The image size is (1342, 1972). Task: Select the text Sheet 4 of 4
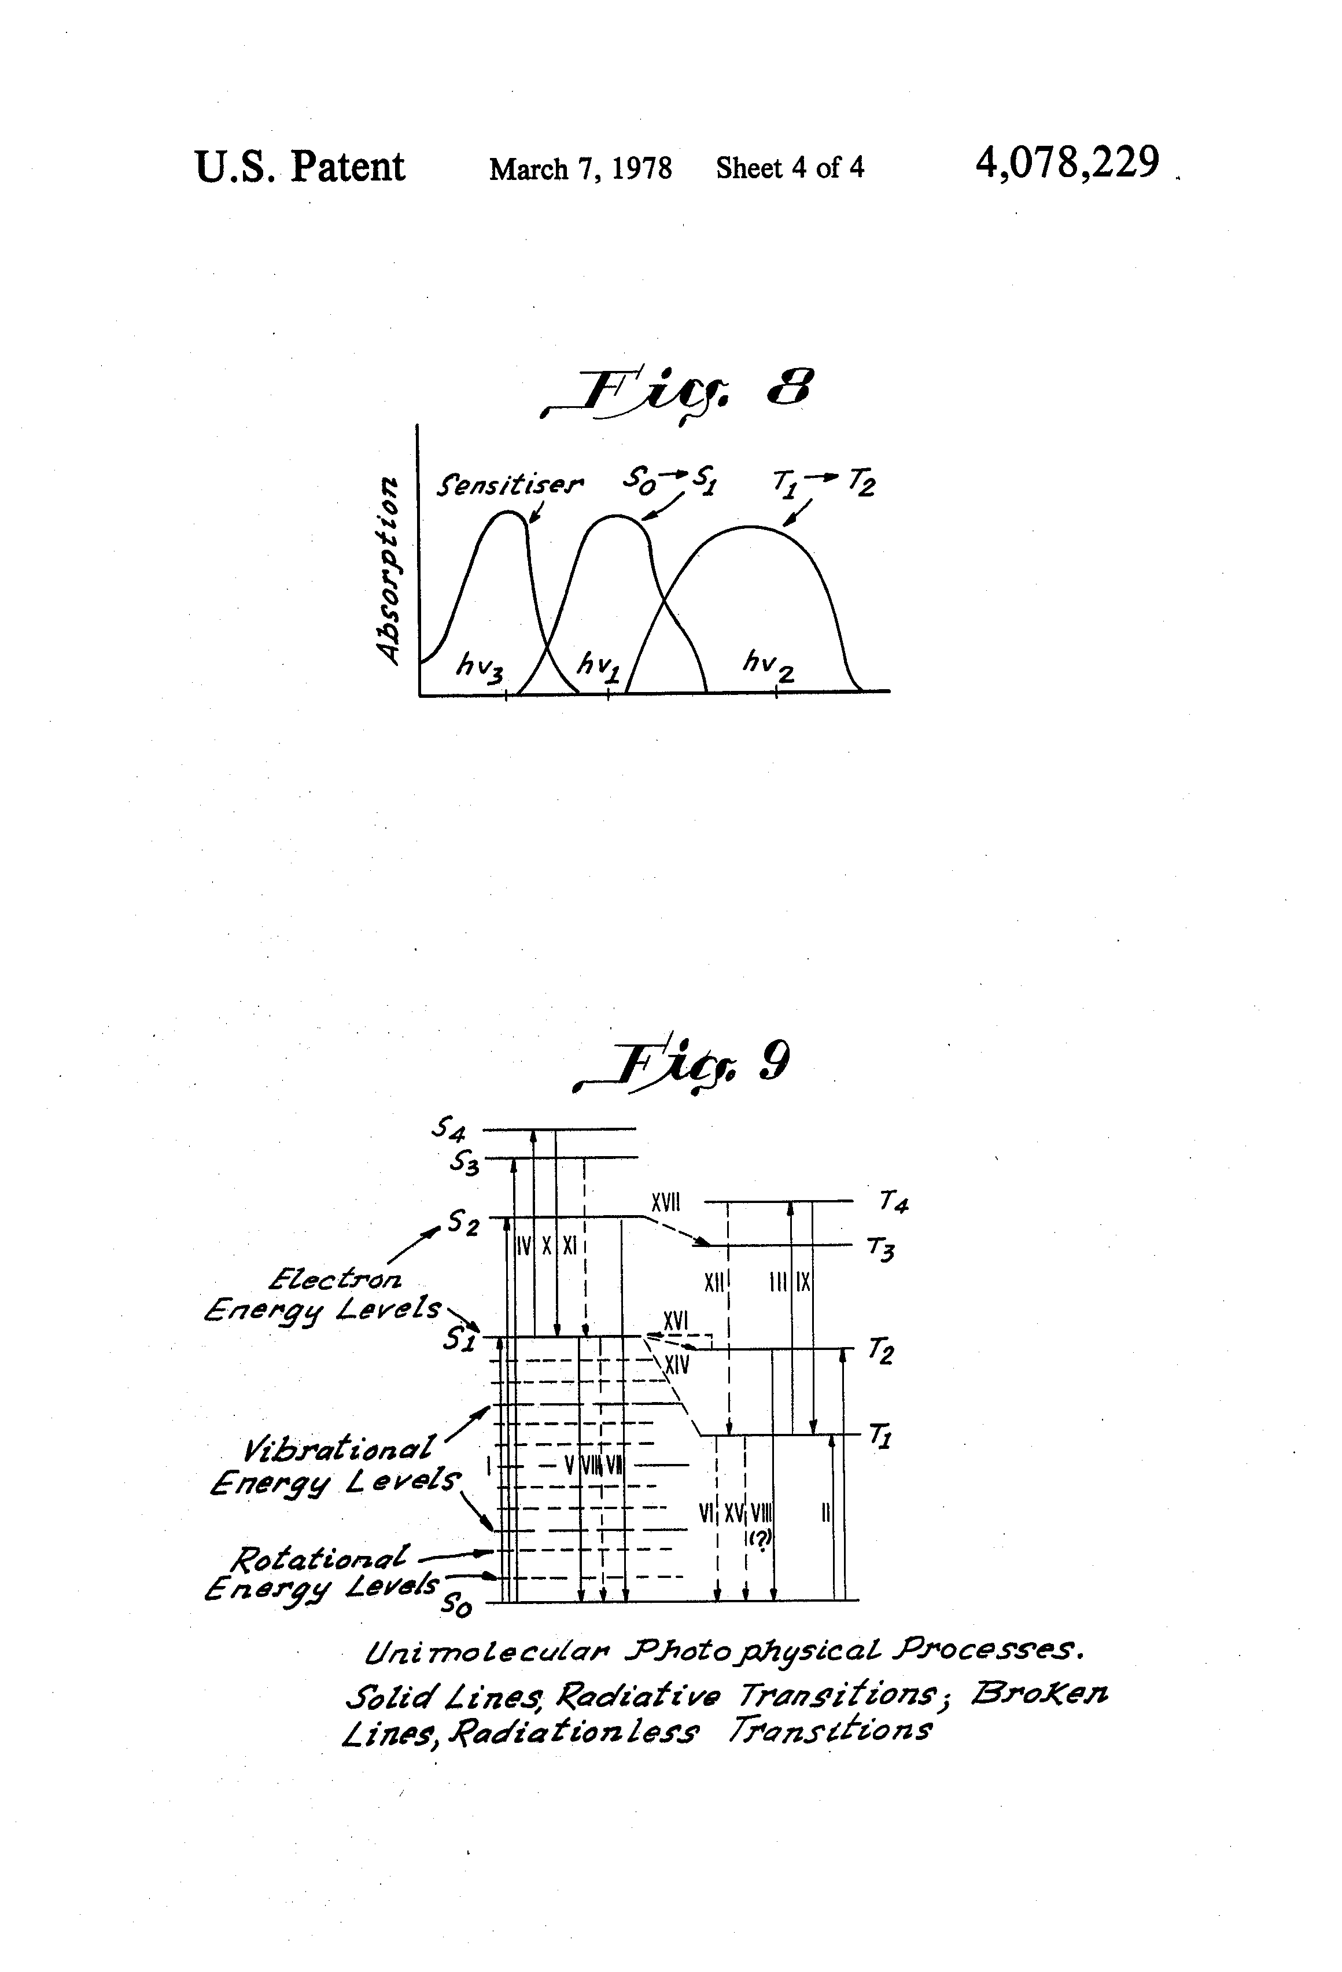[x=790, y=167]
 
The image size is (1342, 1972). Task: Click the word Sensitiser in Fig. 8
[x=510, y=485]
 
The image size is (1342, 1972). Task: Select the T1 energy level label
[x=879, y=1436]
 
